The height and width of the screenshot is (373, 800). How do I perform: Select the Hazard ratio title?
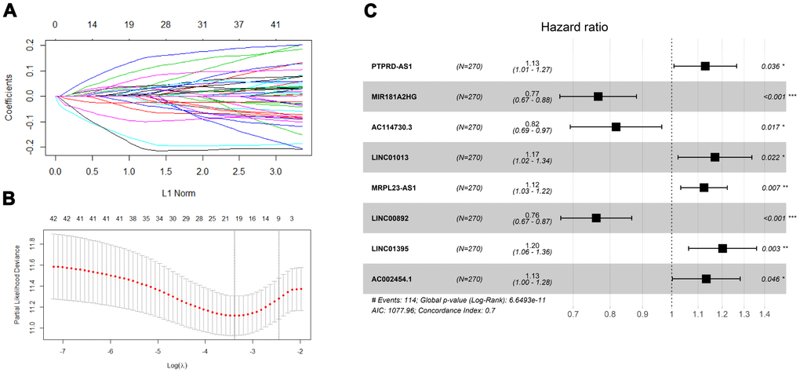(574, 27)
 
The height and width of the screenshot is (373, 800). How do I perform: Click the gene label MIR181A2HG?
(403, 97)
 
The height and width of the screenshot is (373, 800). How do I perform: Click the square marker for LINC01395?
(722, 248)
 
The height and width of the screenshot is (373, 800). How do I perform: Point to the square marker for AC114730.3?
(616, 127)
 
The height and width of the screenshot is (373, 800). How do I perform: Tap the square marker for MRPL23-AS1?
(704, 188)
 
